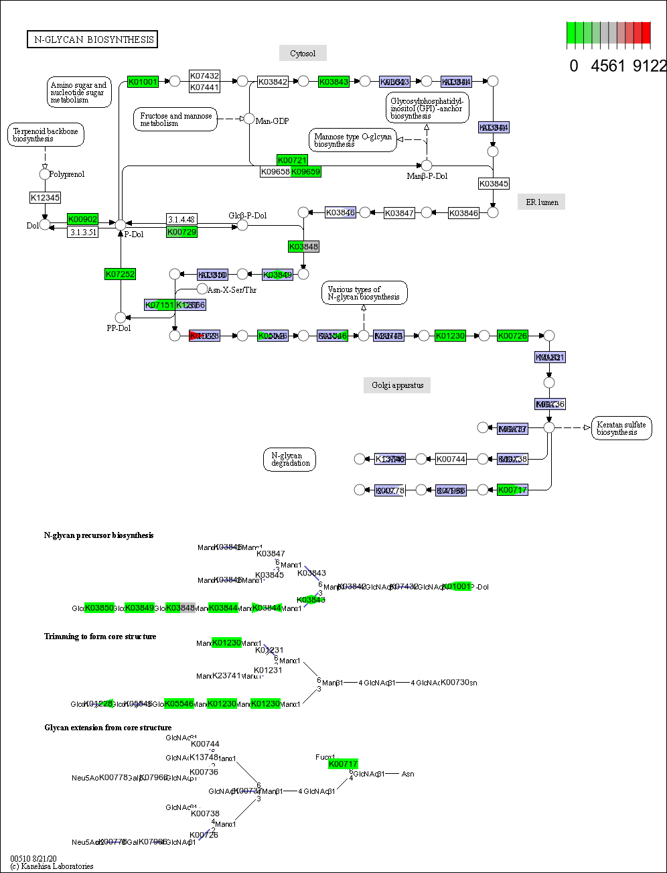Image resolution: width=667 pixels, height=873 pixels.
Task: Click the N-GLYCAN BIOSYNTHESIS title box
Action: [92, 40]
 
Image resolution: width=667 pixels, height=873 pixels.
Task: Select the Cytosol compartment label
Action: [303, 53]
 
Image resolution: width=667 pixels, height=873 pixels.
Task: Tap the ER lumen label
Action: [541, 202]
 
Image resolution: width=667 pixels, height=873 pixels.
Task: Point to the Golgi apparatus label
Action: [397, 385]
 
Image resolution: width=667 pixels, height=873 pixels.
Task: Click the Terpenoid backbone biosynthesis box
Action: [45, 135]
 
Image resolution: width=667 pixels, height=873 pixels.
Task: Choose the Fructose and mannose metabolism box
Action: [175, 119]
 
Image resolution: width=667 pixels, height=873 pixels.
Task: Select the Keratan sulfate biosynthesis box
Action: [621, 428]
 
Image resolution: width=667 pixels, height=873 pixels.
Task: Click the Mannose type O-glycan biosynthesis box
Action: [352, 140]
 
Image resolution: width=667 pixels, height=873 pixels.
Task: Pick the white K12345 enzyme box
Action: [45, 198]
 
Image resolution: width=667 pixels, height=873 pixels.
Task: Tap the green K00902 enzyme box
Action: [82, 219]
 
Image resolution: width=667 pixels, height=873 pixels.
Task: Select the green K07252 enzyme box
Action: [121, 273]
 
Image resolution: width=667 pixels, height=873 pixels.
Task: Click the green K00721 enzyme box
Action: [292, 160]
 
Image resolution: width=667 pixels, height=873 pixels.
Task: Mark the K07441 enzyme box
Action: [204, 87]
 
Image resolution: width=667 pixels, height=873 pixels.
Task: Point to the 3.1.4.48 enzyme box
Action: [181, 219]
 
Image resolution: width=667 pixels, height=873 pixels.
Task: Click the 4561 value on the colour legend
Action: [608, 66]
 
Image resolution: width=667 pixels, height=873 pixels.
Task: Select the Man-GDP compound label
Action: [272, 121]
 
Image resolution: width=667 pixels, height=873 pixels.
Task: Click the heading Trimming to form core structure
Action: [100, 636]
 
